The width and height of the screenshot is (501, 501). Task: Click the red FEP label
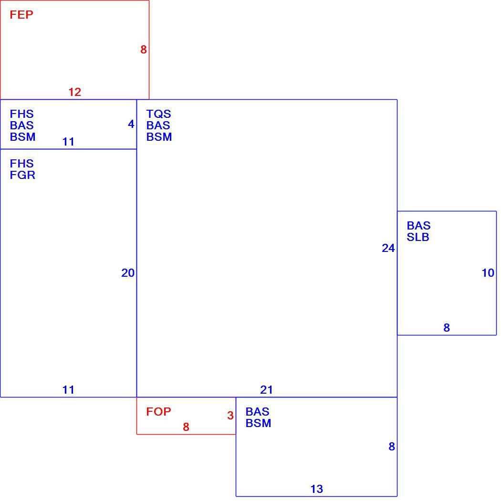[x=21, y=15]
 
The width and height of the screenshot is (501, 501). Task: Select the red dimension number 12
[x=75, y=92]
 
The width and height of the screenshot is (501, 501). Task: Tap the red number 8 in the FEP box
[x=144, y=50]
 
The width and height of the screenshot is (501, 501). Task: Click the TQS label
[x=158, y=114]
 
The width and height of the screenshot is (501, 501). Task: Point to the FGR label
[x=22, y=175]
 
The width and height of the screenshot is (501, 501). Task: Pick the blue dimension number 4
[x=131, y=124]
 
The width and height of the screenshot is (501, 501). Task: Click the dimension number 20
[x=128, y=273]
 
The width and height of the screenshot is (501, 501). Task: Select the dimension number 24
[x=388, y=248]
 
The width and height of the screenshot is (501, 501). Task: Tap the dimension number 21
[x=266, y=390]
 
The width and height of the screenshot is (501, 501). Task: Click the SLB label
[x=418, y=237]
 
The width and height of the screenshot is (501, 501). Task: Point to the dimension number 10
[x=488, y=273]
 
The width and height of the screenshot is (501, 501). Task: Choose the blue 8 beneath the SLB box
[x=447, y=327]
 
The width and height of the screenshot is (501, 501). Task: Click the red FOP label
[x=158, y=411]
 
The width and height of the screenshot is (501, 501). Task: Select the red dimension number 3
[x=230, y=416]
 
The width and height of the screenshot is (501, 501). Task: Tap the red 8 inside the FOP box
[x=186, y=427]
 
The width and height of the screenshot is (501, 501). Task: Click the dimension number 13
[x=317, y=489]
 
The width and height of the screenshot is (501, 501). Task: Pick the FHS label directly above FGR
[x=22, y=164]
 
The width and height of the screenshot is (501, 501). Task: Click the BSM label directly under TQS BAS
[x=159, y=137]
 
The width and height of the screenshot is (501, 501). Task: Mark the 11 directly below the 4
[x=68, y=142]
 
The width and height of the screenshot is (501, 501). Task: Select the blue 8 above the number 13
[x=392, y=446]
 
